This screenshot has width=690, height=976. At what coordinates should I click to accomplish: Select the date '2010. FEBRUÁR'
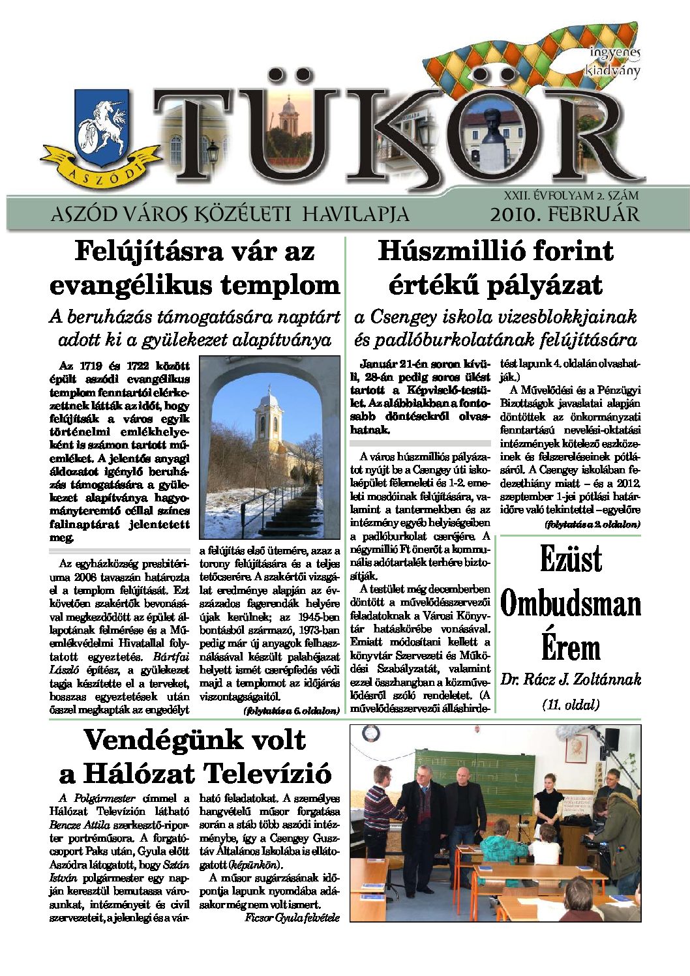point(565,214)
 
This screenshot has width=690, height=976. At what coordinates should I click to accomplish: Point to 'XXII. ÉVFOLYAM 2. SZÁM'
point(571,195)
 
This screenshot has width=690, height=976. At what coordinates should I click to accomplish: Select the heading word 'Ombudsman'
point(571,604)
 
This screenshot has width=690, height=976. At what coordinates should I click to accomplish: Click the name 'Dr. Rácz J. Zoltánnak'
point(571,679)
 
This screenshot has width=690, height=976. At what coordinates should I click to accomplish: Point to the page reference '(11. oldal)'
point(571,704)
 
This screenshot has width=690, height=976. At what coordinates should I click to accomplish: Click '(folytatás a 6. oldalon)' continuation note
point(291,711)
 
